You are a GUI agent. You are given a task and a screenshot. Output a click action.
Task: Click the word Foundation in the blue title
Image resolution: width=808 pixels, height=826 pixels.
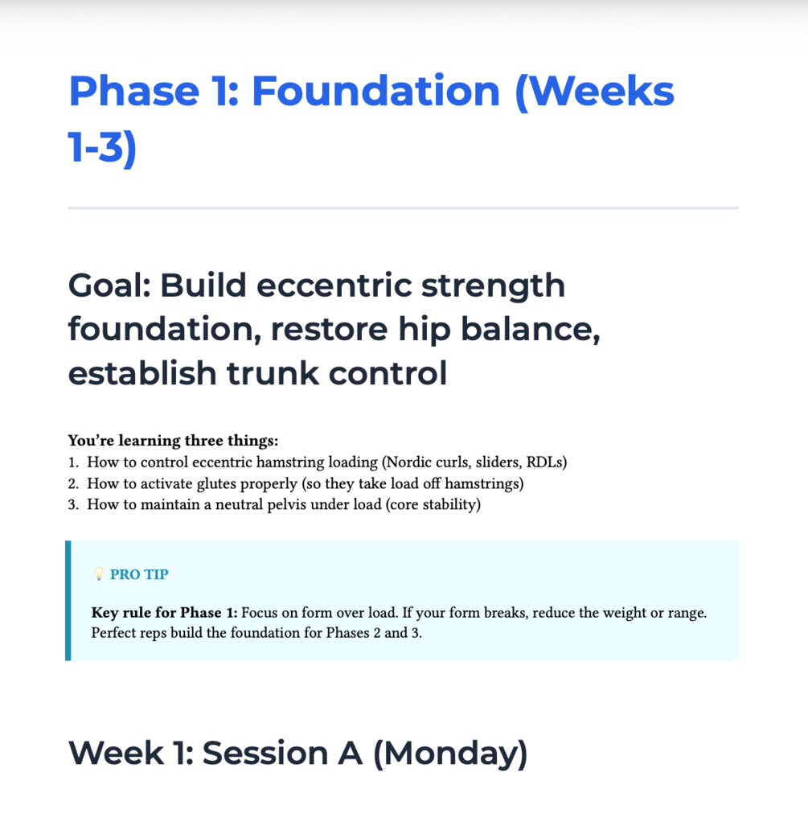click(x=375, y=91)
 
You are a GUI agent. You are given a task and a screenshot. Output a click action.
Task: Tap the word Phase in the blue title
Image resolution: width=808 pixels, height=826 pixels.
click(x=134, y=91)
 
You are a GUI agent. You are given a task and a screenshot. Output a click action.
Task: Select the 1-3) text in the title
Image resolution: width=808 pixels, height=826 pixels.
click(x=102, y=147)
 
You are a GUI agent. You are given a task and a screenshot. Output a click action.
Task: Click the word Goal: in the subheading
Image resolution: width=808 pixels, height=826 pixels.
click(x=109, y=286)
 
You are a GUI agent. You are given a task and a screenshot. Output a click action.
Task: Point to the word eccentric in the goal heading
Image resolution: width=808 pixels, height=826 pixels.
click(x=334, y=286)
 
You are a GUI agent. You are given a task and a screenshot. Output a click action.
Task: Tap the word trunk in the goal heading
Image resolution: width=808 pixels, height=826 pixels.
click(x=273, y=373)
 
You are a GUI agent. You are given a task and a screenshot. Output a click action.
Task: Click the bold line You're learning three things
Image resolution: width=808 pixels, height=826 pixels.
click(x=174, y=441)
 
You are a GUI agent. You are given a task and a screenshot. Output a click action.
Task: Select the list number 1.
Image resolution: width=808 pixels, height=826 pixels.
click(x=73, y=462)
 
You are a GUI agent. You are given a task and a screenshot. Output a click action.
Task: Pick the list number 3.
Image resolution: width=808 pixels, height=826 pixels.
click(x=73, y=504)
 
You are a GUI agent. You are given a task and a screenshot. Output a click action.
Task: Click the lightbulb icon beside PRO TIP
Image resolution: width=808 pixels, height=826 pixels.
click(x=99, y=573)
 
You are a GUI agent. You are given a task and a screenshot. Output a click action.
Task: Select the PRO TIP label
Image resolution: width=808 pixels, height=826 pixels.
click(x=139, y=574)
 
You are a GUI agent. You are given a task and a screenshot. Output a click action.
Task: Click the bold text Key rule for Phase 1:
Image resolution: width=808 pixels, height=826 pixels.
click(x=164, y=613)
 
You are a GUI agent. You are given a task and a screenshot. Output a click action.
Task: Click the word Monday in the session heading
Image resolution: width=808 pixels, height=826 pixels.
click(x=450, y=753)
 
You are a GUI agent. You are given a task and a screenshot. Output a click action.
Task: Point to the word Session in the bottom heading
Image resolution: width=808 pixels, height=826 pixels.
click(x=265, y=753)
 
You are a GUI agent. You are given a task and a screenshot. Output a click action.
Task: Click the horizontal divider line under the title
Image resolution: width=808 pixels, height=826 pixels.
click(x=404, y=208)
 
